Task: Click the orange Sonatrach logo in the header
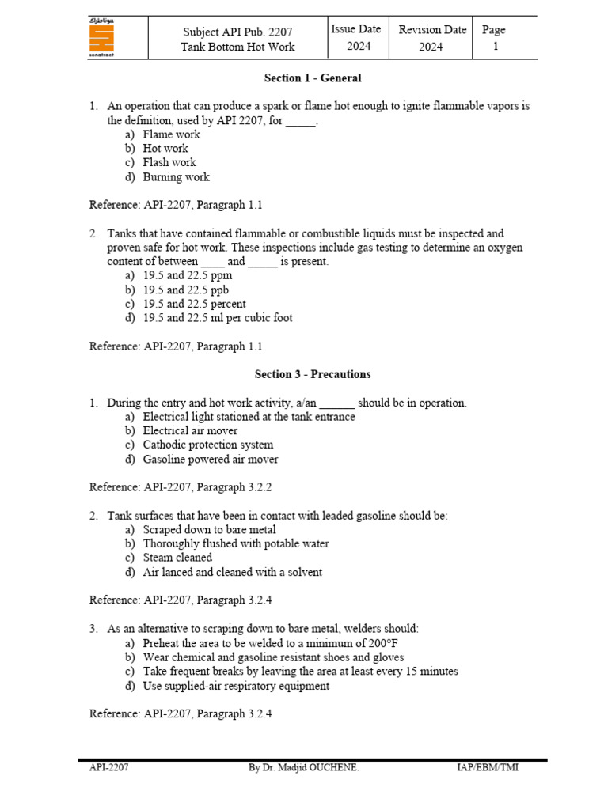coord(101,37)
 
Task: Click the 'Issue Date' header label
coord(355,29)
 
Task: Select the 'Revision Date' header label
coord(432,30)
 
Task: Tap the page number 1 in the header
coord(496,47)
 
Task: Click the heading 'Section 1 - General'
coord(312,78)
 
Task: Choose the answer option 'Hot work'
coord(165,149)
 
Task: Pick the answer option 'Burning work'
coord(176,177)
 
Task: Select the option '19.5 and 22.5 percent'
coord(194,304)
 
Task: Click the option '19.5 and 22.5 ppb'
coord(185,290)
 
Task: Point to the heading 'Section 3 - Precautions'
coord(312,374)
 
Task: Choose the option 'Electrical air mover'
coord(190,431)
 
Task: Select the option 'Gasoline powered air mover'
coord(211,460)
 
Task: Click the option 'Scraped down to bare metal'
coord(209,530)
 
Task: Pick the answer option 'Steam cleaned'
coord(177,558)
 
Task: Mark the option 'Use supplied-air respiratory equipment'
coord(236,686)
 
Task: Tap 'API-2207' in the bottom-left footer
coord(103,767)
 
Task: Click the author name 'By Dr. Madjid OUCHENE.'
coord(304,767)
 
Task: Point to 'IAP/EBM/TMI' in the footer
coord(488,767)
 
